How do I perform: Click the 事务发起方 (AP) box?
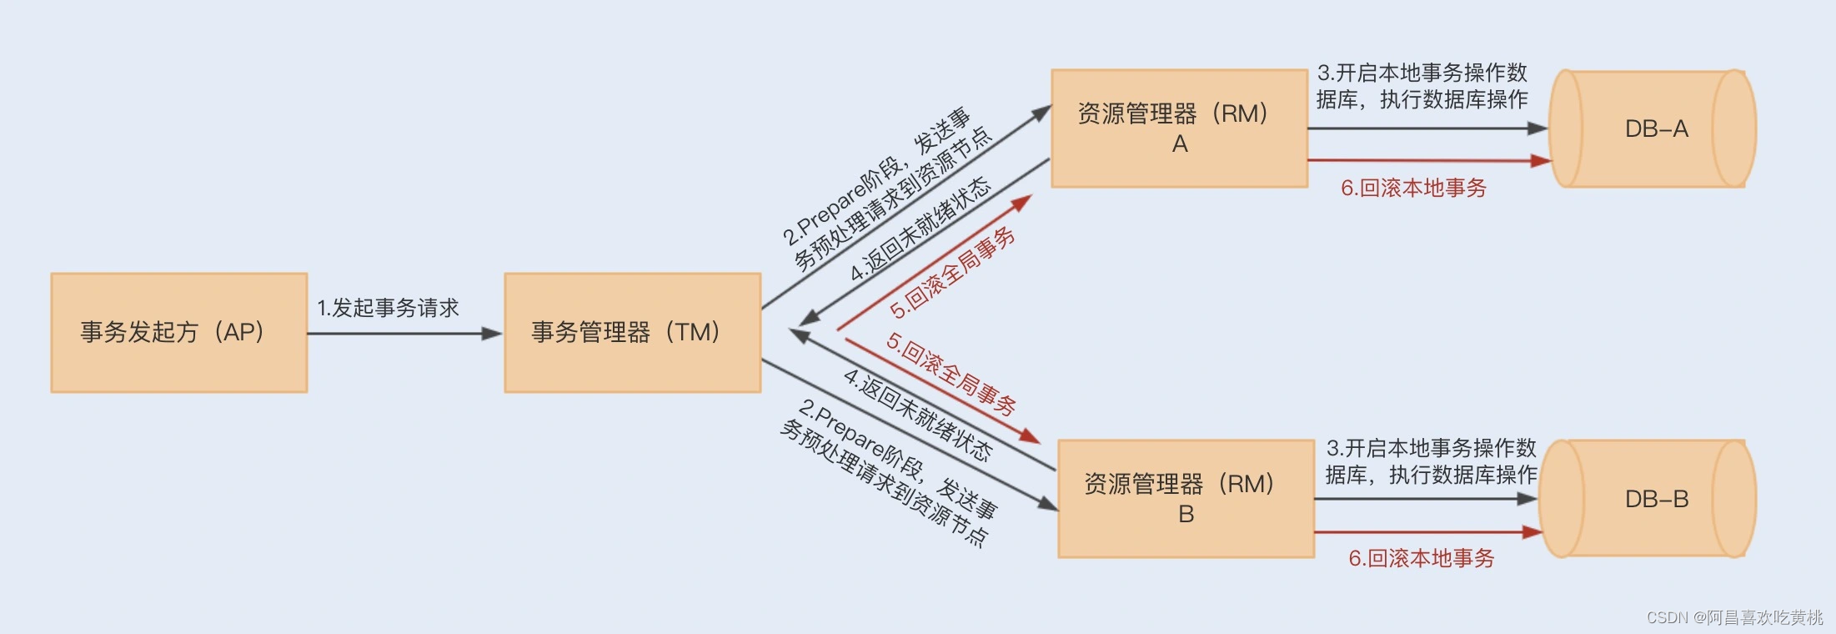tap(178, 332)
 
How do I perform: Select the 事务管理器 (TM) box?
tap(632, 332)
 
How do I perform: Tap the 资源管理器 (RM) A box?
tap(1179, 128)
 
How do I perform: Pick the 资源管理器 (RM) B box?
tap(1186, 499)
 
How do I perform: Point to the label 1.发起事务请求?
tap(388, 308)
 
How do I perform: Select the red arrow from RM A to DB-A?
tap(1426, 160)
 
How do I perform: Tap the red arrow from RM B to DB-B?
tap(1426, 531)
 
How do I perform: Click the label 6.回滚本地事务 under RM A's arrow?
tap(1413, 189)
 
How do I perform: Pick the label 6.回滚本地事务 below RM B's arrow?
tap(1421, 558)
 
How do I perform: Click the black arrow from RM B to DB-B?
tap(1426, 499)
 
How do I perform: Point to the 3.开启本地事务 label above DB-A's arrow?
tap(1422, 86)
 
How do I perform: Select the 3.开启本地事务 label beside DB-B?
tap(1431, 461)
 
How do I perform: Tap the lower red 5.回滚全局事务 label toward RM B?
tap(951, 375)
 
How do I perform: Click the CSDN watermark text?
tap(1734, 617)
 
